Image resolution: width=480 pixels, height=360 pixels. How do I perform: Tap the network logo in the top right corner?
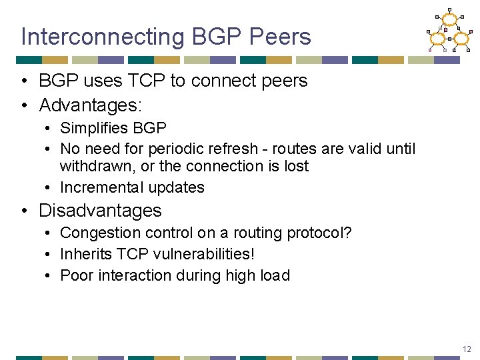pyautogui.click(x=449, y=30)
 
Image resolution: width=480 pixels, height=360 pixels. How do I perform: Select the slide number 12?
pyautogui.click(x=466, y=349)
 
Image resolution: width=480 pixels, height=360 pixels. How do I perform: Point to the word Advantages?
pyautogui.click(x=91, y=105)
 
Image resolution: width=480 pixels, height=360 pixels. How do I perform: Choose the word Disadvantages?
pyautogui.click(x=100, y=211)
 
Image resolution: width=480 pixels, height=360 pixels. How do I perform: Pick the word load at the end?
pyautogui.click(x=276, y=275)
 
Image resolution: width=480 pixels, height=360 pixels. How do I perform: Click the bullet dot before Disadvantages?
pyautogui.click(x=24, y=211)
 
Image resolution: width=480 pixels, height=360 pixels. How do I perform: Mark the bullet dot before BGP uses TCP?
pyautogui.click(x=24, y=81)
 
